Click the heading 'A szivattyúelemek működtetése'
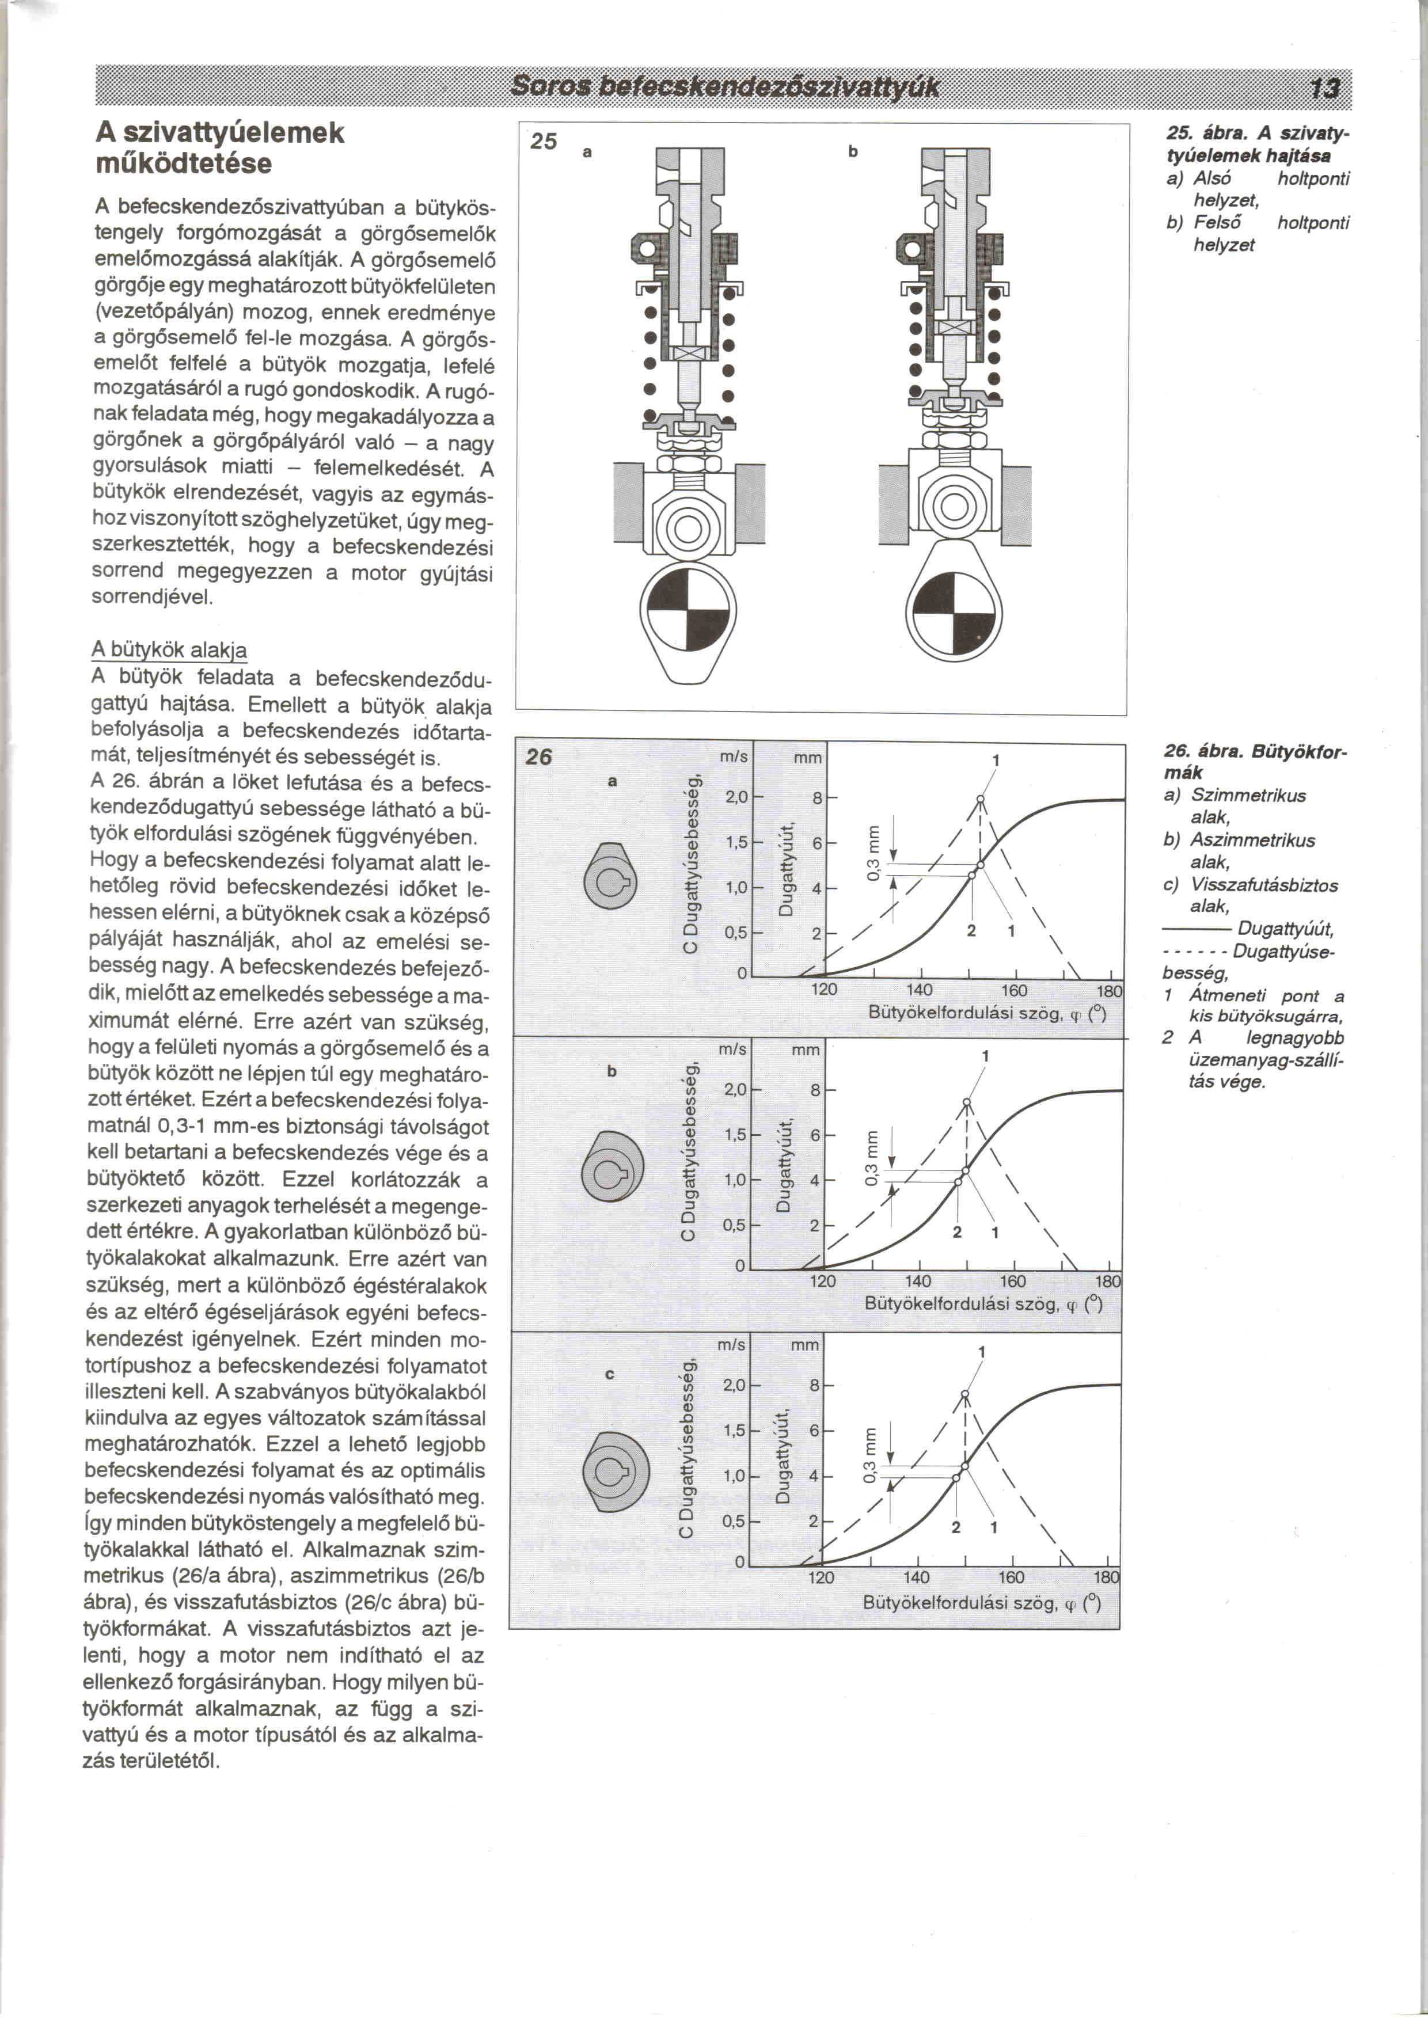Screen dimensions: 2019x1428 pyautogui.click(x=220, y=148)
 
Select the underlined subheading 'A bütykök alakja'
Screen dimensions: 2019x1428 pyautogui.click(x=169, y=650)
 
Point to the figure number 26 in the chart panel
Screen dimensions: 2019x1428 pyautogui.click(x=539, y=756)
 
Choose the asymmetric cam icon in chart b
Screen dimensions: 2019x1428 pyautogui.click(x=613, y=1170)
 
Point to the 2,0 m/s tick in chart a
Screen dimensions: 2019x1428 pyautogui.click(x=736, y=797)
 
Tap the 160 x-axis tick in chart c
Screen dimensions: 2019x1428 pyautogui.click(x=1011, y=1577)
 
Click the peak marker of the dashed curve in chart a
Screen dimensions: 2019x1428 pyautogui.click(x=981, y=799)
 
